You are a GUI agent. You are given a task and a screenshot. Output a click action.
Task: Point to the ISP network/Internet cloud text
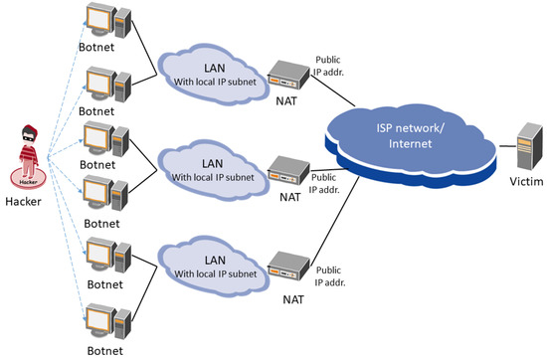[x=409, y=138]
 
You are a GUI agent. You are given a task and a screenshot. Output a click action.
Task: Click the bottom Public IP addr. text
[x=332, y=275]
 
